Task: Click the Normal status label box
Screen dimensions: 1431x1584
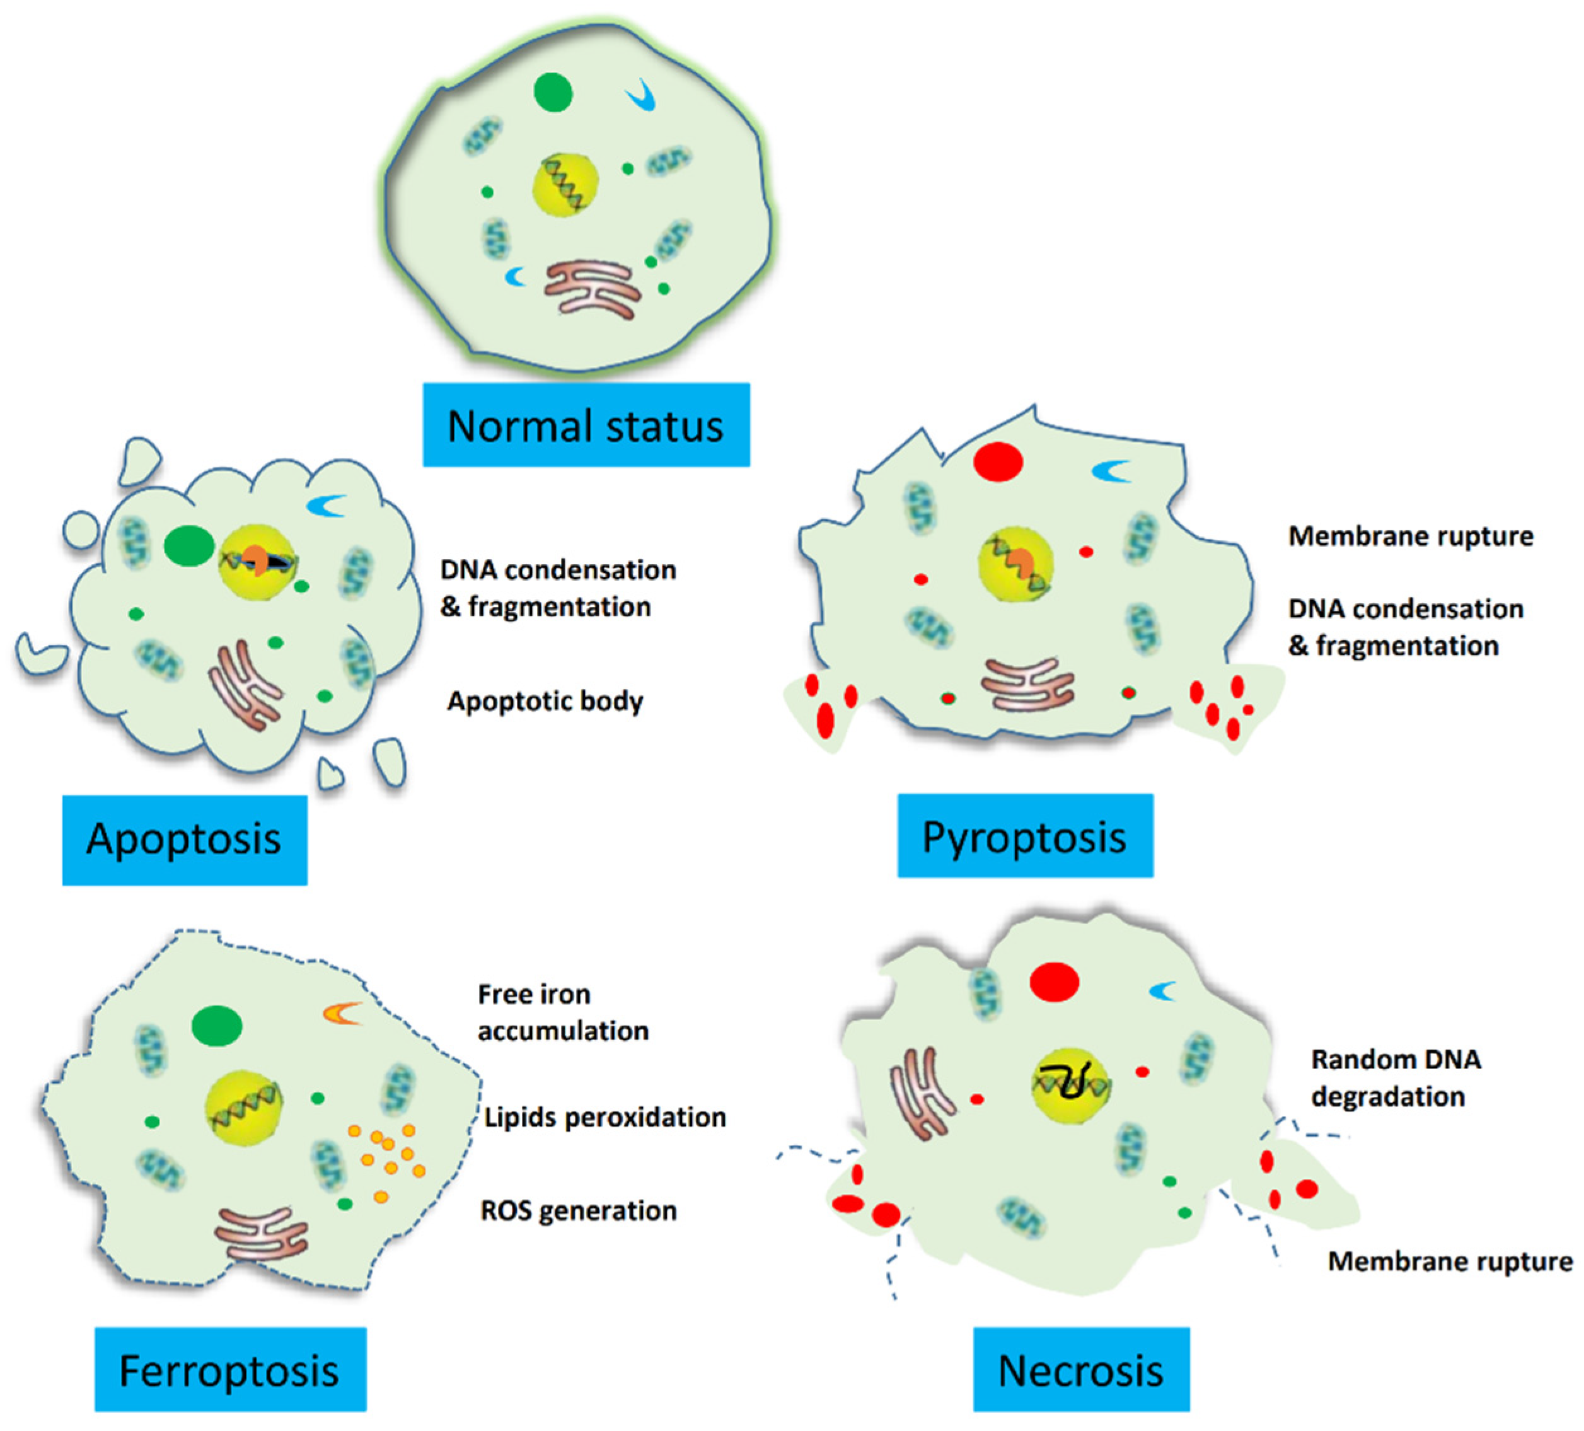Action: [586, 425]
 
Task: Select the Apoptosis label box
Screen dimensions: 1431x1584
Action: [184, 839]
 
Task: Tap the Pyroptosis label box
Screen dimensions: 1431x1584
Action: [1024, 836]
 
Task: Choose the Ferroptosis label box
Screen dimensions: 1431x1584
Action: [229, 1371]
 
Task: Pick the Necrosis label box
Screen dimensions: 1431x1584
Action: [1080, 1371]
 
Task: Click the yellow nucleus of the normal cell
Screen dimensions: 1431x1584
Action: [565, 185]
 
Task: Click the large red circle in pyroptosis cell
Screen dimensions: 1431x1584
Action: [998, 461]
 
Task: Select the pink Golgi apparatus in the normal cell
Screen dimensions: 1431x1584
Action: [591, 289]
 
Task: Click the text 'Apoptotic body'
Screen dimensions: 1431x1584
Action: [545, 700]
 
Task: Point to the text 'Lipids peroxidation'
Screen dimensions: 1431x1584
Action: [605, 1116]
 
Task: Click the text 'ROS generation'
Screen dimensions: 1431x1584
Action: [578, 1210]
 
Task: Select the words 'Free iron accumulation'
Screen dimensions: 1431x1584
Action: [563, 1012]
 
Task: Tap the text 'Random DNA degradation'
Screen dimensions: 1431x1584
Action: [1396, 1077]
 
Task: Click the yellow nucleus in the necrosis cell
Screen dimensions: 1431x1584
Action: [1070, 1086]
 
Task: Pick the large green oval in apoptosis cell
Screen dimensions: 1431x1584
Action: [189, 545]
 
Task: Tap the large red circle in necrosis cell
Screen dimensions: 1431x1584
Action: [1055, 982]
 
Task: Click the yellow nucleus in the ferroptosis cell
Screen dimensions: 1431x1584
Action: [243, 1107]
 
